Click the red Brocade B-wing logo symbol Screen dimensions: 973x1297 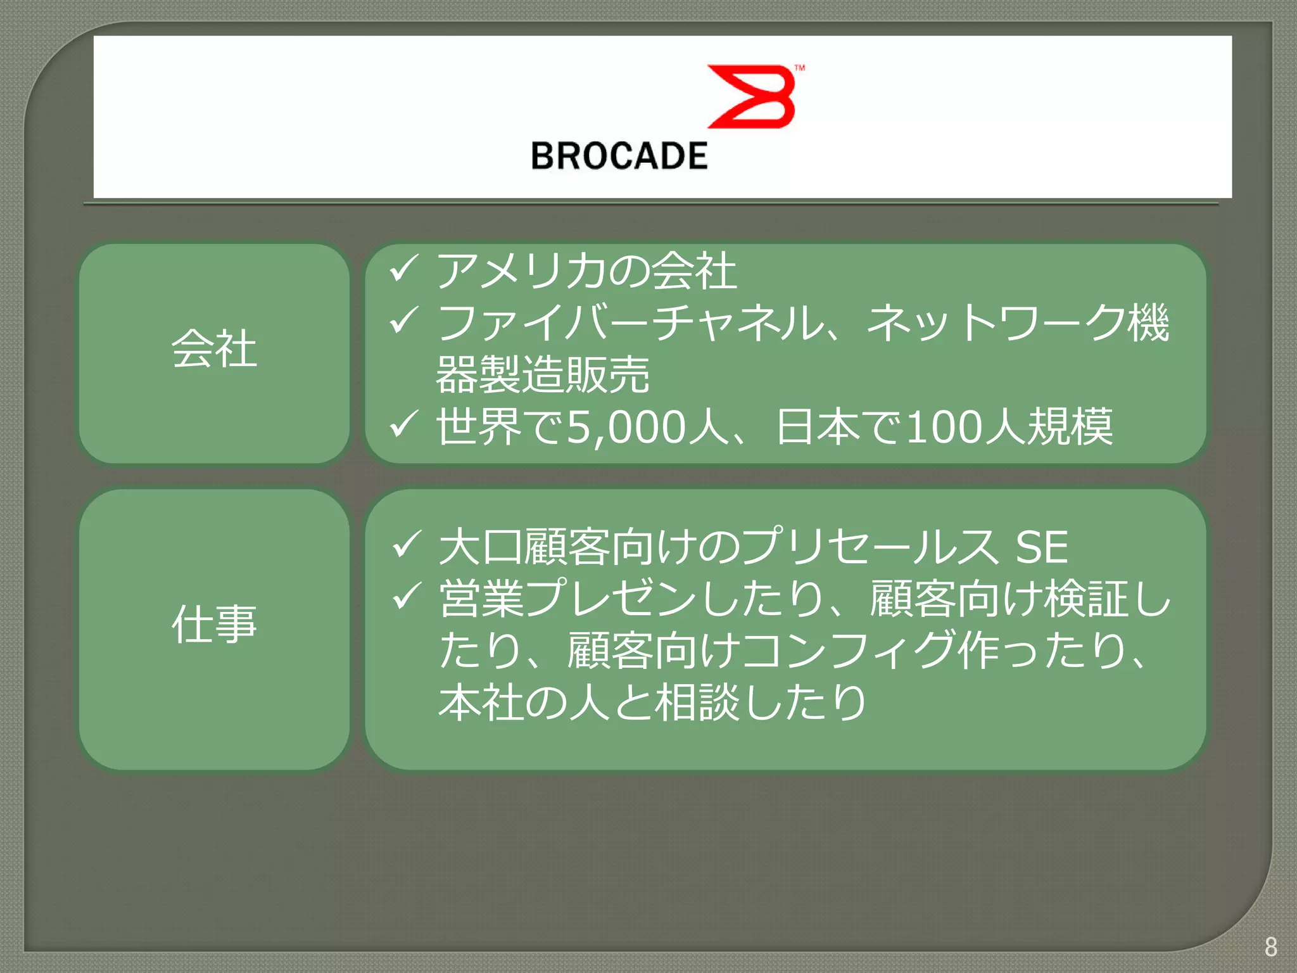tap(752, 96)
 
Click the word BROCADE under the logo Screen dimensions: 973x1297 tap(619, 156)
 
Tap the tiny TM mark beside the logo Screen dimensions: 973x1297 tap(800, 68)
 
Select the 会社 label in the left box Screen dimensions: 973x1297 tap(214, 348)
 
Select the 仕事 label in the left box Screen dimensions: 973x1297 tap(214, 624)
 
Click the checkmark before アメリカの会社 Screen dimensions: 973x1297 tap(403, 269)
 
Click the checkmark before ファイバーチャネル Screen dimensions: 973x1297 tap(403, 321)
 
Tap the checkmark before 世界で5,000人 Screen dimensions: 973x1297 tap(403, 424)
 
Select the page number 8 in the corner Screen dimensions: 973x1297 tap(1270, 947)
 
